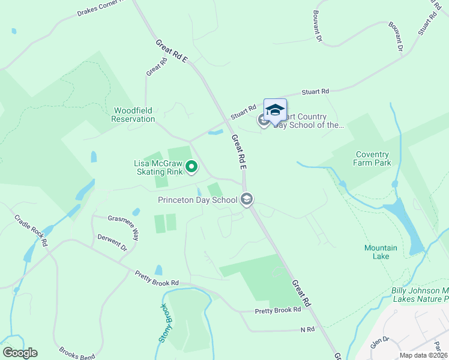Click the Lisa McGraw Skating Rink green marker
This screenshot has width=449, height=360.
191,167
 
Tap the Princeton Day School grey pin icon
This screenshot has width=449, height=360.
246,199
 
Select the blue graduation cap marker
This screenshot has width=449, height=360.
275,110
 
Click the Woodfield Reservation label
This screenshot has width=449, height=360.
133,115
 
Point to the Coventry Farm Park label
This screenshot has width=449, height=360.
373,158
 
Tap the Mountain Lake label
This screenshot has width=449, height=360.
381,252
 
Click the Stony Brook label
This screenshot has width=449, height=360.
163,323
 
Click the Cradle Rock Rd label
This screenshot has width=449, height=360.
31,230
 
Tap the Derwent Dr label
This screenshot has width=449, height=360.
112,241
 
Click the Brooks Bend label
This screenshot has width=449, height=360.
77,353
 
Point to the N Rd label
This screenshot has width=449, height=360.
307,330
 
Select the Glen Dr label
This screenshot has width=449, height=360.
380,343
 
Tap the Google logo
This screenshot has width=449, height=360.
20,353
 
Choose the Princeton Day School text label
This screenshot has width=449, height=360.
198,200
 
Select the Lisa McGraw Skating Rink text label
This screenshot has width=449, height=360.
158,167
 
